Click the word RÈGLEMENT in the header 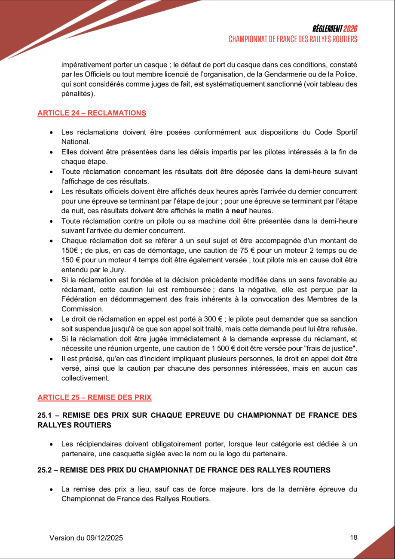[x=328, y=29]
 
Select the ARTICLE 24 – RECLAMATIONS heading [x=92, y=113]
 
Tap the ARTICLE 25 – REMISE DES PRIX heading [x=95, y=397]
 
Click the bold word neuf [x=239, y=211]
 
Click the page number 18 [x=354, y=537]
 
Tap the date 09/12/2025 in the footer [x=103, y=537]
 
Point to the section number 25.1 [x=44, y=415]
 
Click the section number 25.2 [x=44, y=470]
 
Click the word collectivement [x=85, y=378]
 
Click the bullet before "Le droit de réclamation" [x=52, y=319]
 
